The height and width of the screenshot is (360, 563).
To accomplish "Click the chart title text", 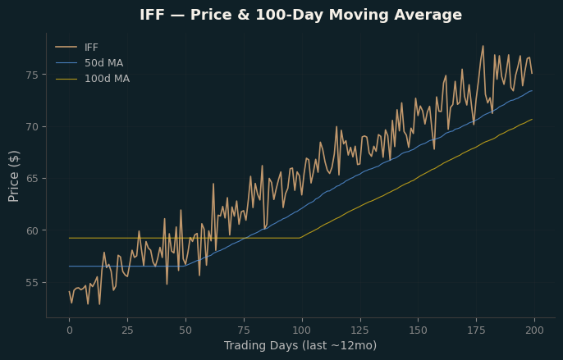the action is click(x=300, y=15).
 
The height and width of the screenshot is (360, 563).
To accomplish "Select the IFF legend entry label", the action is click(x=91, y=48).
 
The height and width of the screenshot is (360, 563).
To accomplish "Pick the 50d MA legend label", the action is click(x=103, y=63).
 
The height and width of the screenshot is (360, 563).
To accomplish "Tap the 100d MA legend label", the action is click(x=107, y=79).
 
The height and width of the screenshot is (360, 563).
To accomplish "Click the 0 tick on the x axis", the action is click(x=69, y=330).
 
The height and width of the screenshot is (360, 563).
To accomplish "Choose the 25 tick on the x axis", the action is click(x=127, y=330).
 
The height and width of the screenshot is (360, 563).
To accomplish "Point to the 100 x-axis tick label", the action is click(x=302, y=330).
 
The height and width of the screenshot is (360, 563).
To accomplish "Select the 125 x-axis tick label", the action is click(x=360, y=330).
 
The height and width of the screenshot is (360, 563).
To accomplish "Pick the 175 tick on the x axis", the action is click(x=477, y=330).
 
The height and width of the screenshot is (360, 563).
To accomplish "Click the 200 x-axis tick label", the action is click(x=534, y=330).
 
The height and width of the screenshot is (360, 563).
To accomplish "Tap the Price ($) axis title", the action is click(x=14, y=176).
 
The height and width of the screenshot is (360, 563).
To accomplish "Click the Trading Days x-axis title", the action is click(x=300, y=345).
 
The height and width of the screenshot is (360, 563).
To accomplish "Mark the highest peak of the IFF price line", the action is click(x=483, y=46).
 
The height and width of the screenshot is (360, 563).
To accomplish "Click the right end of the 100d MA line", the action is click(x=532, y=119).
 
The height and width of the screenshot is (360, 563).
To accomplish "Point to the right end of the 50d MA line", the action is click(x=532, y=90).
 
